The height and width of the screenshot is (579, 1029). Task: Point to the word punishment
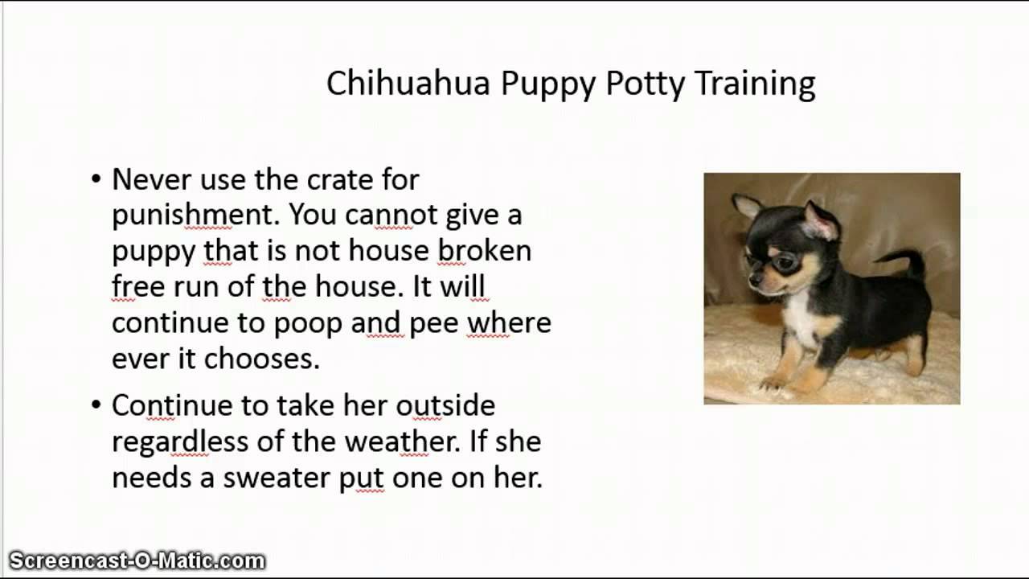[x=195, y=215]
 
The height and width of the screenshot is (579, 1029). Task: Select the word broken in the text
[x=484, y=250]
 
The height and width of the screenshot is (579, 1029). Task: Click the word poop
[x=308, y=322]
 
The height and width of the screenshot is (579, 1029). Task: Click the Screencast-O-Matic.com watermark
[x=137, y=561]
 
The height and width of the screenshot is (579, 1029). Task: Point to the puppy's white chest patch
[x=801, y=321]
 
